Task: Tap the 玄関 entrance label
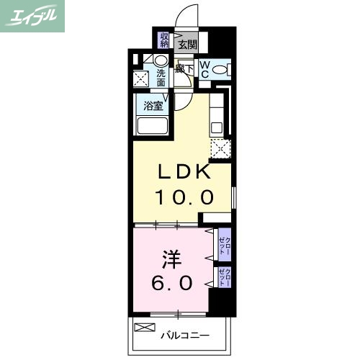pyautogui.click(x=187, y=45)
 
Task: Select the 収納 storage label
pyautogui.click(x=165, y=39)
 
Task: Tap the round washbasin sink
pyautogui.click(x=160, y=60)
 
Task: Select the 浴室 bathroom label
pyautogui.click(x=153, y=106)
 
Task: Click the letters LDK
pyautogui.click(x=184, y=173)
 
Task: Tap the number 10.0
pyautogui.click(x=184, y=197)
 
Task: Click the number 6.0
pyautogui.click(x=171, y=283)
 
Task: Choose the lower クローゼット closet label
pyautogui.click(x=225, y=276)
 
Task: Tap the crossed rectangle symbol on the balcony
pyautogui.click(x=144, y=328)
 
